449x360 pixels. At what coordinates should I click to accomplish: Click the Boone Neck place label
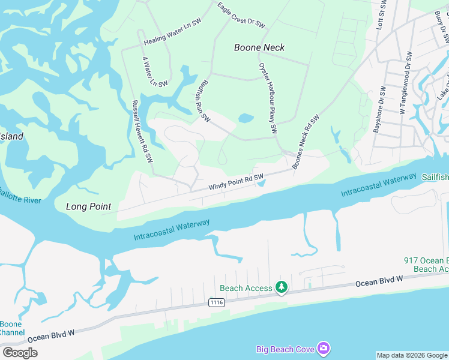click(x=259, y=47)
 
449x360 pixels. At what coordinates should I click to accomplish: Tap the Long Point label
click(x=88, y=206)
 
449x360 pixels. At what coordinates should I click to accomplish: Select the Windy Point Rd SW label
click(x=237, y=182)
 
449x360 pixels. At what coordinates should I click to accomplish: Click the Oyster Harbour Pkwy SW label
click(x=268, y=98)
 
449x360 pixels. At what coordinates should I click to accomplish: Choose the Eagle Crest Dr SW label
click(x=241, y=16)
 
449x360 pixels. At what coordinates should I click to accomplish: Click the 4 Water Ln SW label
click(x=148, y=71)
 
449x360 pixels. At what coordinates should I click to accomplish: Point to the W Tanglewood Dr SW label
click(x=406, y=83)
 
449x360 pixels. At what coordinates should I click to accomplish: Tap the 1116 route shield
click(x=217, y=303)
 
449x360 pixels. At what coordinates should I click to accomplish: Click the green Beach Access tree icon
click(x=281, y=288)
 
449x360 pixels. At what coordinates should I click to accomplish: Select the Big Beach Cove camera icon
click(x=324, y=348)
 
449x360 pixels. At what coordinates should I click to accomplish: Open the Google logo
click(x=20, y=353)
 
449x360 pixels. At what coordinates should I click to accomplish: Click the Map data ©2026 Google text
click(x=412, y=355)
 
